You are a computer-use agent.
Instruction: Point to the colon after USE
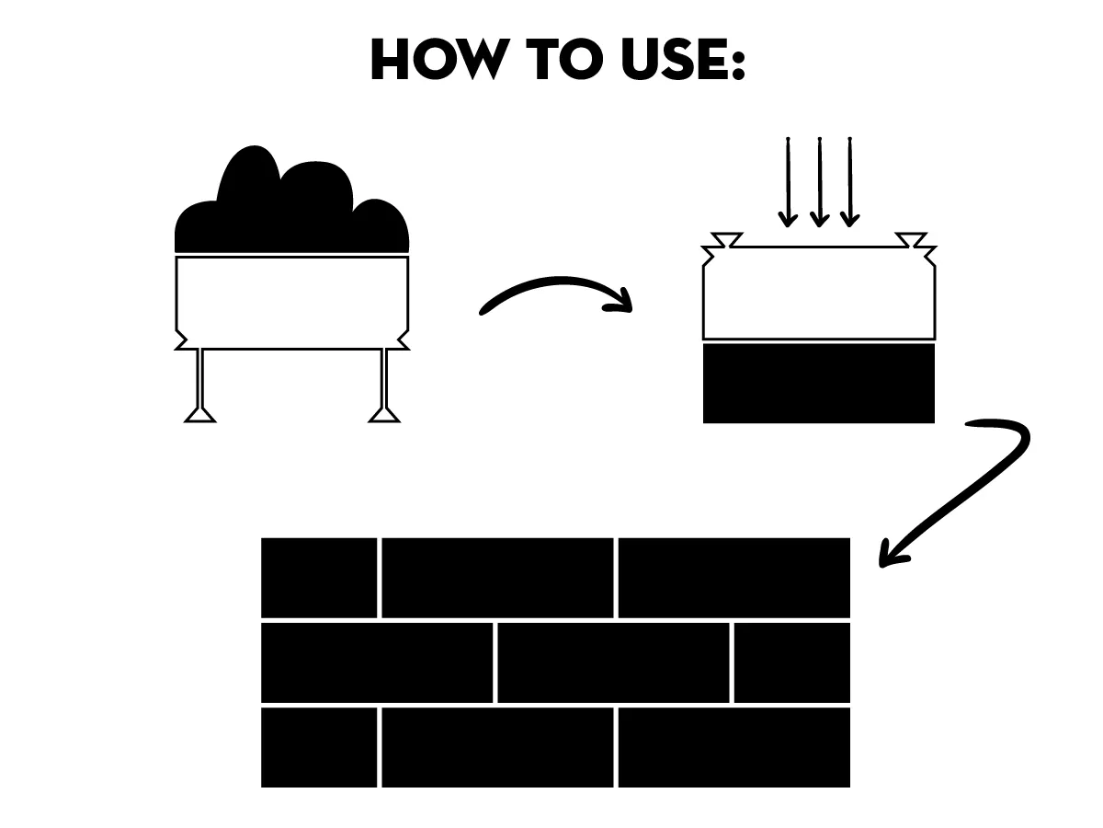(x=738, y=63)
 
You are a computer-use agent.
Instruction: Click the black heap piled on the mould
(x=291, y=206)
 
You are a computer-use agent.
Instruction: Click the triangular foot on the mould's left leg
(x=200, y=415)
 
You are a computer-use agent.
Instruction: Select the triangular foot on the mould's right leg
(x=384, y=415)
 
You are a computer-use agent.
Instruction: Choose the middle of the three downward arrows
(x=820, y=182)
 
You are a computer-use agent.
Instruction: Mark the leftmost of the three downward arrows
(x=788, y=182)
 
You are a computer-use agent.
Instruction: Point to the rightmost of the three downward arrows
(x=849, y=182)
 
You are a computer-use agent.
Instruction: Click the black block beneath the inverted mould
(x=819, y=384)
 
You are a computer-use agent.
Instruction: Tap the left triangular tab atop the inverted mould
(x=727, y=239)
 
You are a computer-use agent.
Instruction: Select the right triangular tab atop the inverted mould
(x=911, y=239)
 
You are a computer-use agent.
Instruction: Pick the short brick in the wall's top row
(x=319, y=578)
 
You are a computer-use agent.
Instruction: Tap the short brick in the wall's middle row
(x=792, y=662)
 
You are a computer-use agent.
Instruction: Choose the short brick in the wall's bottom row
(x=319, y=748)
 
